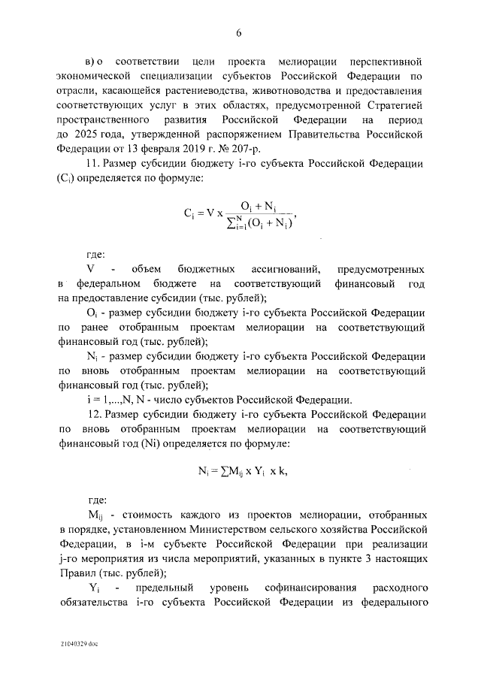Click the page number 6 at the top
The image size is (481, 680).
coord(238,32)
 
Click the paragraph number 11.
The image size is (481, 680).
coord(94,164)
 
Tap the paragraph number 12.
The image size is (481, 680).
coord(95,415)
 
